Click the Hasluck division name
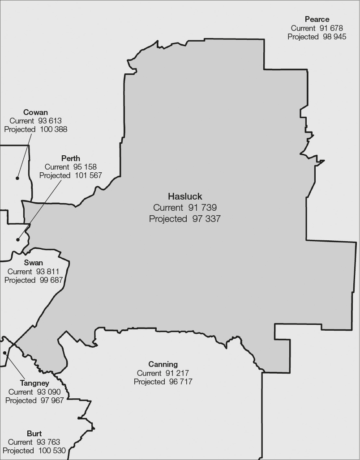(x=185, y=196)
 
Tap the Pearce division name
(x=317, y=19)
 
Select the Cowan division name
(x=35, y=112)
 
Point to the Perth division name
(x=71, y=158)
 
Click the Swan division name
(x=33, y=263)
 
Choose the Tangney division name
(x=34, y=383)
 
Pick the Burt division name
(x=34, y=434)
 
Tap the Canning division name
(x=163, y=364)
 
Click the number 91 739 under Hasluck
(x=202, y=208)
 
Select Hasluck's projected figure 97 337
(x=206, y=219)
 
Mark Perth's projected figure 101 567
(x=88, y=175)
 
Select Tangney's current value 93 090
(x=49, y=392)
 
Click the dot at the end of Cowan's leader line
(x=17, y=178)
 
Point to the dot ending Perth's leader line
(x=18, y=239)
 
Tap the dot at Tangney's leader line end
(x=5, y=353)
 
